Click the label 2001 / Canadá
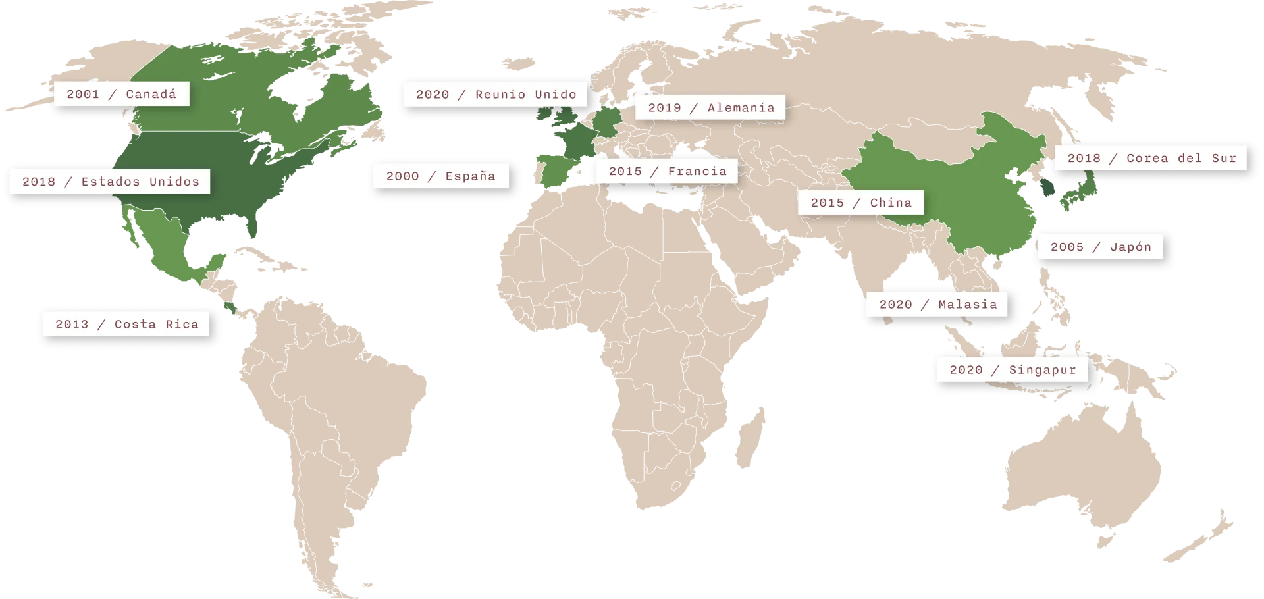(x=121, y=94)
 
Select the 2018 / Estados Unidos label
(x=110, y=182)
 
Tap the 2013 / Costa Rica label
(x=126, y=324)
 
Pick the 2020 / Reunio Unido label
(x=496, y=94)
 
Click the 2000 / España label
(x=440, y=176)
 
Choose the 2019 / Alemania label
(x=711, y=107)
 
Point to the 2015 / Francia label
(x=668, y=171)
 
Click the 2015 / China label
(x=861, y=203)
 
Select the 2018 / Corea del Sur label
(x=1151, y=158)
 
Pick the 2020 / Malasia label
(x=937, y=304)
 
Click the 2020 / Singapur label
(x=1013, y=370)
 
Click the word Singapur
(x=1042, y=370)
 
